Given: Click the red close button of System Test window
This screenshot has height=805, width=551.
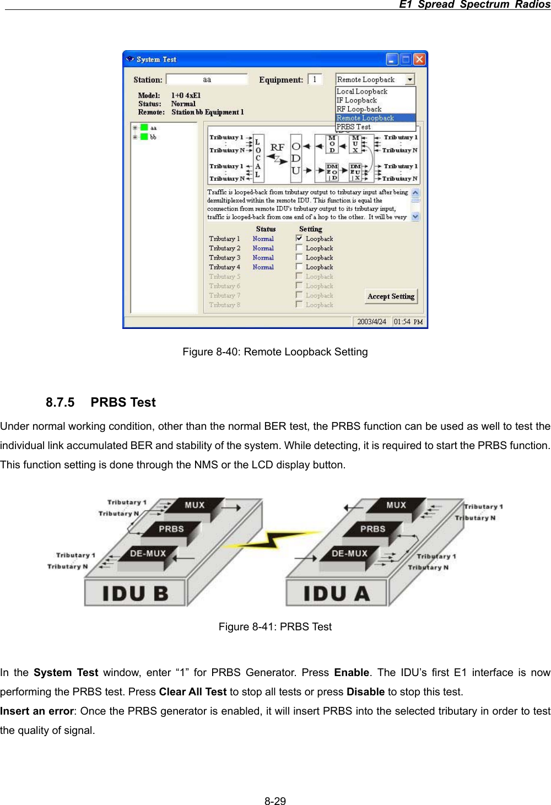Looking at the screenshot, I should click(419, 59).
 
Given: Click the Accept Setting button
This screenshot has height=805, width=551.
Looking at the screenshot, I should click(391, 296).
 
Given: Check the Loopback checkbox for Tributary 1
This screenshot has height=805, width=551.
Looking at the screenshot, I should click(299, 239).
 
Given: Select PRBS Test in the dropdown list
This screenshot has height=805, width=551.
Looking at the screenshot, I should click(354, 127).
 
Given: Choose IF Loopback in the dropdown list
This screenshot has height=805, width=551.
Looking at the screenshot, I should click(357, 100).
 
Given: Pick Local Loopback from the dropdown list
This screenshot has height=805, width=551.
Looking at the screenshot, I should click(362, 91).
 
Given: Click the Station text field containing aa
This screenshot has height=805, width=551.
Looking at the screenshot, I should click(207, 79).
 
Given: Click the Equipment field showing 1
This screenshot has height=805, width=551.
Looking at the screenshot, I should click(315, 79).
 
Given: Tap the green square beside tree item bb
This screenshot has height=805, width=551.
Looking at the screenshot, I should click(144, 137).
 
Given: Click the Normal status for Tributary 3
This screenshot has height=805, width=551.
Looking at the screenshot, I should click(263, 257).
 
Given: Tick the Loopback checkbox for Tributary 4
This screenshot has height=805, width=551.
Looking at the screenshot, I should click(299, 267).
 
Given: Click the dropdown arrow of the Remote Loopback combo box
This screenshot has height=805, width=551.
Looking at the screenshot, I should click(410, 79).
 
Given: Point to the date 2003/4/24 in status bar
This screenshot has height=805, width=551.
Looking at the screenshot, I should click(371, 322).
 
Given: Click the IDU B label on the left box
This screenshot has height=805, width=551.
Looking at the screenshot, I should click(135, 593).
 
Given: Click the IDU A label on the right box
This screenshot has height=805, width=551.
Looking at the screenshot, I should click(337, 593).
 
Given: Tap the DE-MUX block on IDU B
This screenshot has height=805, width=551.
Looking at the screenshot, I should click(148, 553).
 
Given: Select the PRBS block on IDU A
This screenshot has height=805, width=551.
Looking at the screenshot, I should click(372, 529).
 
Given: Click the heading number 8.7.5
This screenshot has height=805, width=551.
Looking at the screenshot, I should click(60, 402).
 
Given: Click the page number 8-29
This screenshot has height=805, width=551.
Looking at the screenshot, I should click(275, 801).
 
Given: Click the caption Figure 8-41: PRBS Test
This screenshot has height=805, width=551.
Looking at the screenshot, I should click(275, 626).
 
